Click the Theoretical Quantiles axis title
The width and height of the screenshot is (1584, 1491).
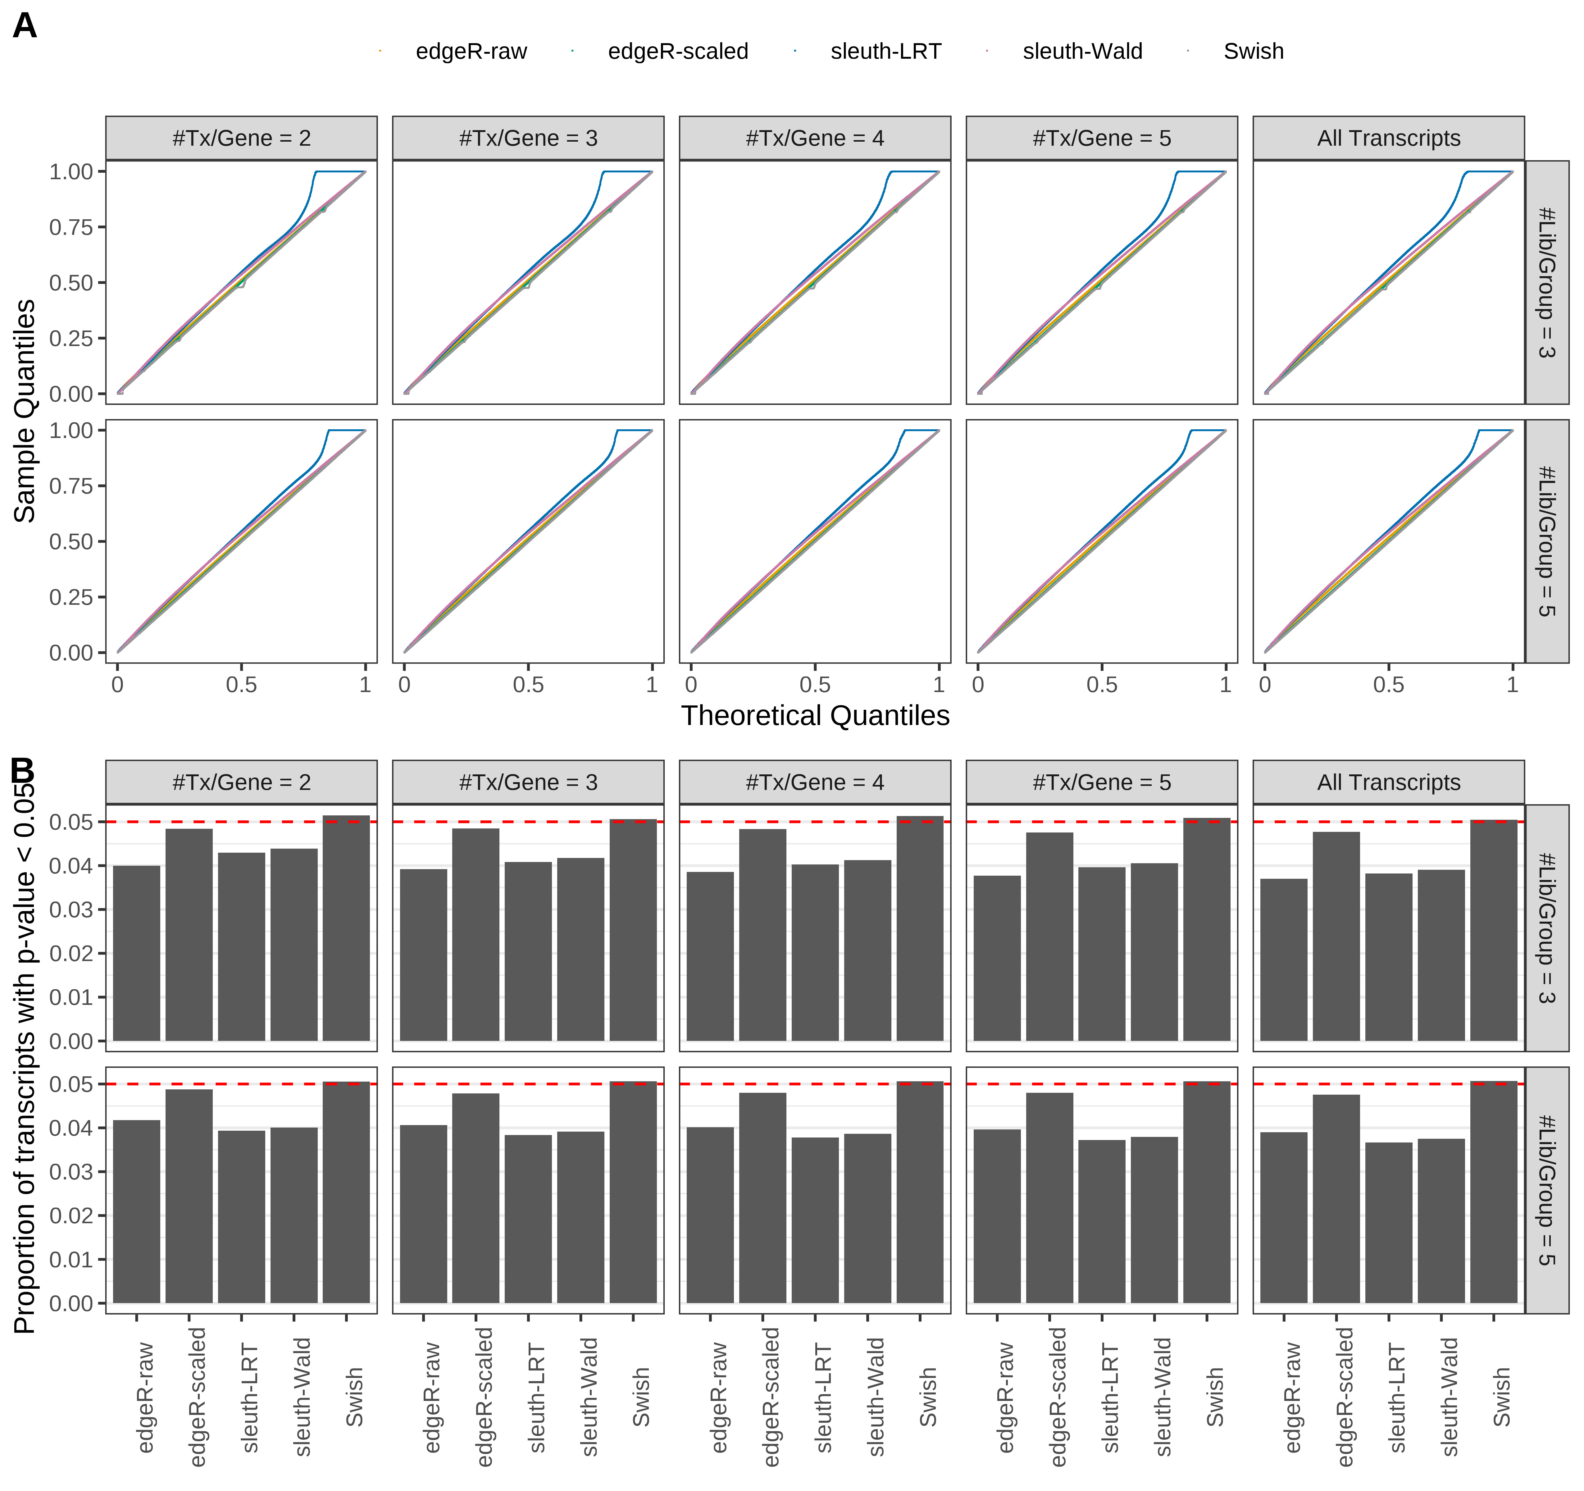[814, 716]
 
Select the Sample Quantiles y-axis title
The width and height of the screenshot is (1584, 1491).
[25, 411]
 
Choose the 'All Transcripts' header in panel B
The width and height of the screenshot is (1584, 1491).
[1388, 782]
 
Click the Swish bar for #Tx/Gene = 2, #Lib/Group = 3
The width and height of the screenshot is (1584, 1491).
[346, 928]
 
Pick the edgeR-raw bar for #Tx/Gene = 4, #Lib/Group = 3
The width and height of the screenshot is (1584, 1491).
[710, 956]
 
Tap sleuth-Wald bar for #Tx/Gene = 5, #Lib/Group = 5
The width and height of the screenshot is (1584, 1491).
[1154, 1219]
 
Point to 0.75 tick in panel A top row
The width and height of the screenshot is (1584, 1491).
[72, 227]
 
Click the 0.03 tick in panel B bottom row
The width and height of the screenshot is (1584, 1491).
[72, 1171]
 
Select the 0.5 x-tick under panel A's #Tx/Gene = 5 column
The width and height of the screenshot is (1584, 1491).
[1101, 685]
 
